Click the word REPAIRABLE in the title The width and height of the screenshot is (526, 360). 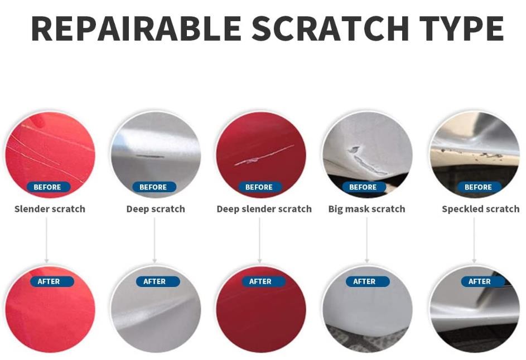point(136,28)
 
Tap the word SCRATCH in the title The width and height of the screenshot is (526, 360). point(330,28)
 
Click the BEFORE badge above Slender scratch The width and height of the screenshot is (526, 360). point(47,187)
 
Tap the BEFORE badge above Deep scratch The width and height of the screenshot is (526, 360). point(153,187)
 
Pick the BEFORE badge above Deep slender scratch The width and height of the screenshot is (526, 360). point(259,187)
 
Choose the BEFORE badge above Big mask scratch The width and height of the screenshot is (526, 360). point(363,187)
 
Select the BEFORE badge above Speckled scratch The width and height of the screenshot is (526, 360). point(479,187)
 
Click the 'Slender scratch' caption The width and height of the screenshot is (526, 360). point(50,209)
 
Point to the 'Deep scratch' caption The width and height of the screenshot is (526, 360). point(156,209)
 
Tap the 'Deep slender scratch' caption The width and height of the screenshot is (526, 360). point(264,209)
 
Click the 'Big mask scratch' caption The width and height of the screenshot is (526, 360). point(366,209)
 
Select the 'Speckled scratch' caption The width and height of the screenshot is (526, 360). point(481,209)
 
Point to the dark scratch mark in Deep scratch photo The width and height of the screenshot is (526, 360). point(150,156)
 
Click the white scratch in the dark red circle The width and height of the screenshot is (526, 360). point(264,156)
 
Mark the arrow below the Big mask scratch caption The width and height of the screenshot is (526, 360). point(366,240)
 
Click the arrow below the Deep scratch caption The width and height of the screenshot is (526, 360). point(155,240)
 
